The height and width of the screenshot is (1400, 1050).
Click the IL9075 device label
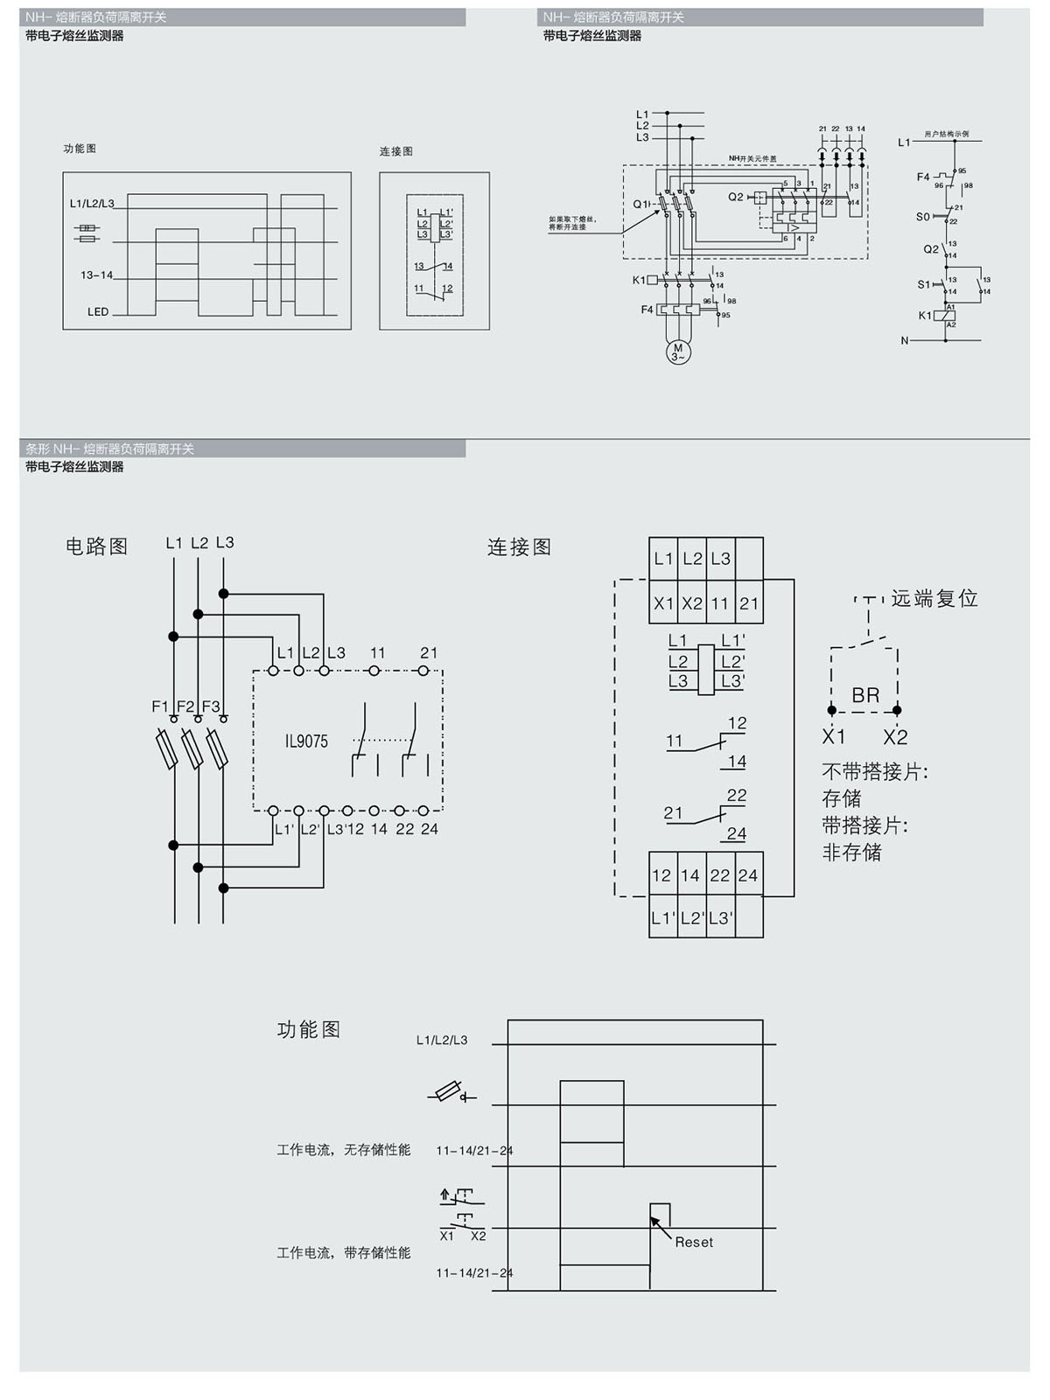tap(306, 742)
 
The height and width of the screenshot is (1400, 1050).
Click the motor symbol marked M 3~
tap(677, 352)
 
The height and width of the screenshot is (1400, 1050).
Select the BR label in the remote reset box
tap(865, 695)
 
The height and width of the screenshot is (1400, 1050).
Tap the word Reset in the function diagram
tap(694, 1242)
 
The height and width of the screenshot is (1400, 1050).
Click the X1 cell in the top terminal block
tap(663, 603)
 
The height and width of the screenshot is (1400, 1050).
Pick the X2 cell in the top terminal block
tap(692, 603)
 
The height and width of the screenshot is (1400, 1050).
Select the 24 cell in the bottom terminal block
tap(747, 875)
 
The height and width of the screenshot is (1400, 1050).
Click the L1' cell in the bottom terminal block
tap(663, 918)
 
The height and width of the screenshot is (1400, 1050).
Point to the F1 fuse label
tap(160, 706)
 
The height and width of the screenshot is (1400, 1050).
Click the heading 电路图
tap(97, 547)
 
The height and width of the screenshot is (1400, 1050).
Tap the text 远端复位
tap(934, 599)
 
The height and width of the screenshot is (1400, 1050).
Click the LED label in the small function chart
tap(98, 312)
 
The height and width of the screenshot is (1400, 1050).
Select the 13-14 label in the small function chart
tap(97, 275)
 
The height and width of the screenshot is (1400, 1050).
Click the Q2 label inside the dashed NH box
tap(736, 197)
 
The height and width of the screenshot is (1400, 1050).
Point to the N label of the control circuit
tap(905, 341)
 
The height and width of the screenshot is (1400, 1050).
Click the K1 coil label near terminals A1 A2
tap(925, 316)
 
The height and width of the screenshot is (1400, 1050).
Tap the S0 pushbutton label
tap(923, 217)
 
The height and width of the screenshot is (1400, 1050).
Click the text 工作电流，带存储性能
tap(344, 1253)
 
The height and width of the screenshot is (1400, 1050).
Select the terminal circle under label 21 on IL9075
tap(424, 671)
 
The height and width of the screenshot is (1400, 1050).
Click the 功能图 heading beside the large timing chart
tap(309, 1029)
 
